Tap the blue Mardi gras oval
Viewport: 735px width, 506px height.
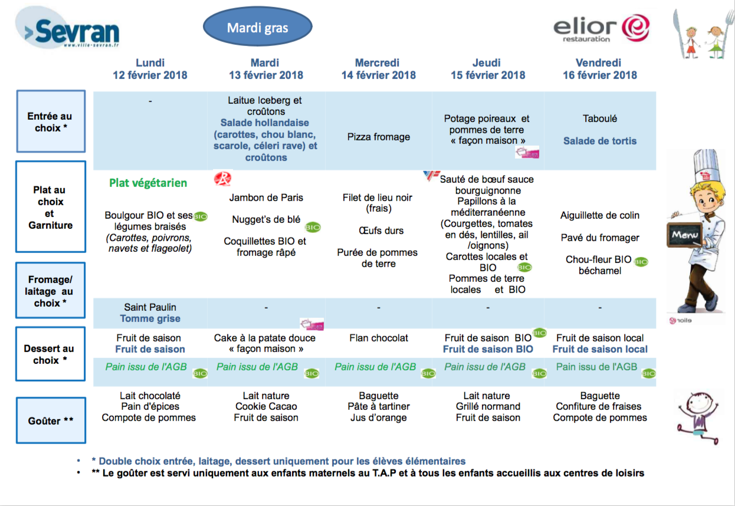258,27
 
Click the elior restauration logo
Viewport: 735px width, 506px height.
601,28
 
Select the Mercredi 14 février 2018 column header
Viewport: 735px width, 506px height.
378,69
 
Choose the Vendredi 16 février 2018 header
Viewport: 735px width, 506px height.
600,69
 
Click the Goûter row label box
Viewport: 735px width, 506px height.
51,420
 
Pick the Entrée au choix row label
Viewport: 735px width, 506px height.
51,121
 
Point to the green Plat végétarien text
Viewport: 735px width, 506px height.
148,183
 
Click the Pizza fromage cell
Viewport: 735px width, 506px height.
378,136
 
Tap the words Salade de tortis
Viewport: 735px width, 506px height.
600,141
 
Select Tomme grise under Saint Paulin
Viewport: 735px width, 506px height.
150,318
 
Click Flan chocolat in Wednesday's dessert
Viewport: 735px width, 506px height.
378,338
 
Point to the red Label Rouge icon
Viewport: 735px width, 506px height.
223,179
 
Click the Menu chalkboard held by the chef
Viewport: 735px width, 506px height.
684,234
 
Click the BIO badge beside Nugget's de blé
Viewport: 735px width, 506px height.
313,227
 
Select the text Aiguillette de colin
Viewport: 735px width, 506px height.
600,215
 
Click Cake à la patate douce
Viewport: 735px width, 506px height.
264,338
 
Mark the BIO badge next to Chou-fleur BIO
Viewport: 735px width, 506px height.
641,262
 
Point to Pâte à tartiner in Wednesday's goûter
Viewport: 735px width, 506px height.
378,406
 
